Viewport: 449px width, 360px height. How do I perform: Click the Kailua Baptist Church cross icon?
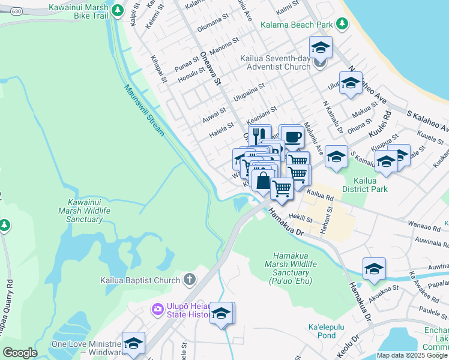click(189, 280)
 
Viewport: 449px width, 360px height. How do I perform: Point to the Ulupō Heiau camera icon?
click(157, 309)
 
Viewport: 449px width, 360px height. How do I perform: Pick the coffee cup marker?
click(292, 137)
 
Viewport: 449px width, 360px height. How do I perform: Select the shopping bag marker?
click(263, 180)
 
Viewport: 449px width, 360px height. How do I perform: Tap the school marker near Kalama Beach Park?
click(321, 47)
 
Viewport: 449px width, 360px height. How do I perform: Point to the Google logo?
click(20, 353)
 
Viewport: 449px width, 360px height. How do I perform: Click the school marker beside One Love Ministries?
click(133, 343)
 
